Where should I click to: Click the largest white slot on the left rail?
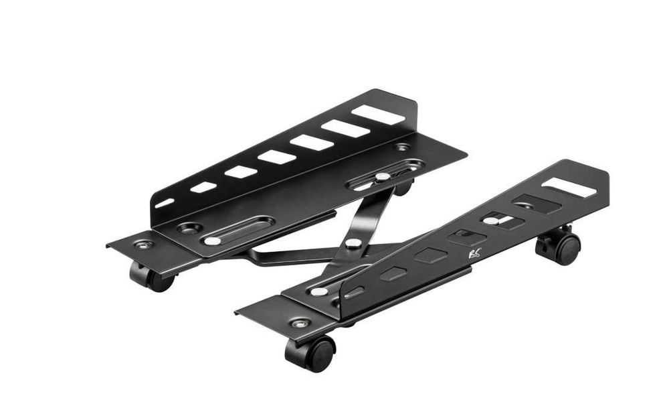point(379,115)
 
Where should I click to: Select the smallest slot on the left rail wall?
point(165,203)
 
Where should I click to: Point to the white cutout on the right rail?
point(569,188)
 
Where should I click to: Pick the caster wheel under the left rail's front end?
point(151,277)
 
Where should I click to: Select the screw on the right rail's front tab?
point(300,324)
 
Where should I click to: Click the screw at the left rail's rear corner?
point(401,147)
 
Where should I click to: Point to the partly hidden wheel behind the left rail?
point(403,188)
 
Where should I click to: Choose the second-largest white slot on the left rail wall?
point(345,129)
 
